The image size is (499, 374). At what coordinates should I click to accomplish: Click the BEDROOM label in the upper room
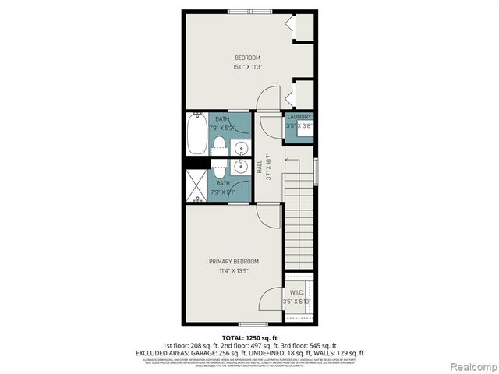tap(247, 58)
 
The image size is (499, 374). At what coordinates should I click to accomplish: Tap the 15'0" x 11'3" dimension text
tap(247, 67)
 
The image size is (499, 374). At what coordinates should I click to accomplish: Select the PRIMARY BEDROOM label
tap(234, 261)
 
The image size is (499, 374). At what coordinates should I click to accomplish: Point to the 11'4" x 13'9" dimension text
tap(234, 271)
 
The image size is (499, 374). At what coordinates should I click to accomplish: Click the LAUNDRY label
tap(299, 117)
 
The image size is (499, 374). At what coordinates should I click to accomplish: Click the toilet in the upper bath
tap(220, 145)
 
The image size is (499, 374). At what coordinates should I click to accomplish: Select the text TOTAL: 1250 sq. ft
tap(249, 336)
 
